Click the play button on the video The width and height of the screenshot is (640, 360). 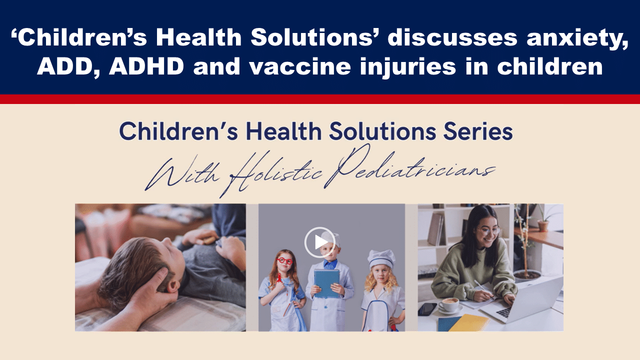[319, 242]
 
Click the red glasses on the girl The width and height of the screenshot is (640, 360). [284, 261]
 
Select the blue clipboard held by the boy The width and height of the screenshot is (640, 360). [326, 283]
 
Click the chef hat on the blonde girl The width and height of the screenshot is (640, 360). [381, 258]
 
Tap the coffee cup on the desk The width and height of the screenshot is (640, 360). [448, 304]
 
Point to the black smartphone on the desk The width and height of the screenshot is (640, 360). [427, 309]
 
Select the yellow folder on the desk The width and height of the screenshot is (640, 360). [468, 323]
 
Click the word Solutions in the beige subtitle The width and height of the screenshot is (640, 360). [382, 131]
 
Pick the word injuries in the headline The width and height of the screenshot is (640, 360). [407, 67]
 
